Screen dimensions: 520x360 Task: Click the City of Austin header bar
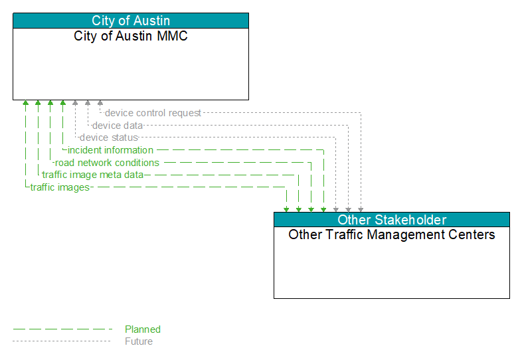[131, 21]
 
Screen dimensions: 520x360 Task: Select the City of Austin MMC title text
[131, 36]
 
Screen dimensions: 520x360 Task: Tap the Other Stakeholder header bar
[392, 220]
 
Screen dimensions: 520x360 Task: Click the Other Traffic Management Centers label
[392, 234]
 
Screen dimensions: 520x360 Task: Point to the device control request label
[153, 113]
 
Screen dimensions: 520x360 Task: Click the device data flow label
[118, 126]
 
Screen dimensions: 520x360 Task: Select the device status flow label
[109, 137]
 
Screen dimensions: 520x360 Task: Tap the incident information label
[110, 150]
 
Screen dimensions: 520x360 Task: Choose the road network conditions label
[107, 163]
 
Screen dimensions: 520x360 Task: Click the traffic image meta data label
[92, 175]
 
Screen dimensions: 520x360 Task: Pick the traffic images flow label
[60, 187]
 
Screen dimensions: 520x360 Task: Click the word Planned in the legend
[143, 329]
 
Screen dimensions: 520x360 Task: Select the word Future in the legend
[139, 341]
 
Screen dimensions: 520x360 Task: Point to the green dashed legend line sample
[62, 329]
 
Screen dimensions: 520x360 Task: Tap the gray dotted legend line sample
[61, 341]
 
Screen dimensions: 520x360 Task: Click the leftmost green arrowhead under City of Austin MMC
[25, 102]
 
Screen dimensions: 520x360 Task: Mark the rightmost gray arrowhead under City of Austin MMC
[100, 102]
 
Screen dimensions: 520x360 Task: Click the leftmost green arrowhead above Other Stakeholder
[286, 209]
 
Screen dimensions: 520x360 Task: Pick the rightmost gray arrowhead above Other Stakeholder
[361, 209]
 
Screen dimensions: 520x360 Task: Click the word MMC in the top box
[172, 36]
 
